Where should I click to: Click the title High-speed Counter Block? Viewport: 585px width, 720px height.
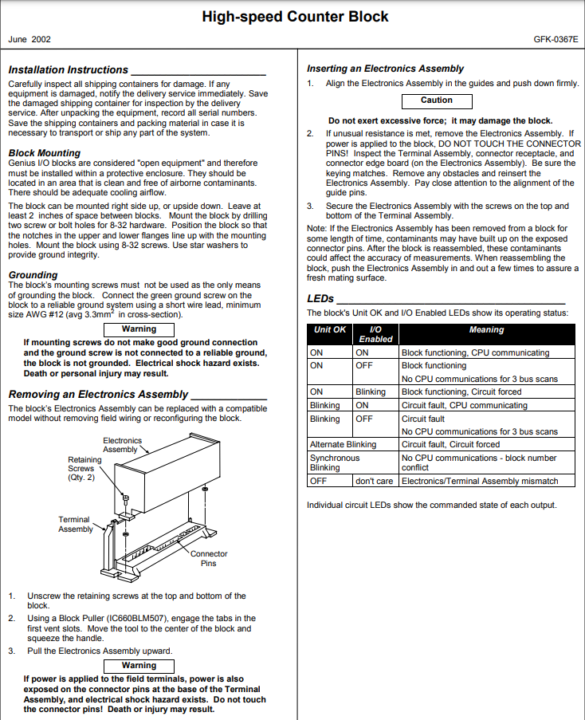[x=295, y=16]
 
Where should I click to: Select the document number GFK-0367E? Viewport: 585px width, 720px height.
[x=556, y=38]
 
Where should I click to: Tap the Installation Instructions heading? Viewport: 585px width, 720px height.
[x=69, y=70]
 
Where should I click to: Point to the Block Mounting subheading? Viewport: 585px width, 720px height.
[x=45, y=152]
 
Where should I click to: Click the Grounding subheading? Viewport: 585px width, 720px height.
[x=33, y=275]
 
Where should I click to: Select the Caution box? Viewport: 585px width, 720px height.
[x=436, y=100]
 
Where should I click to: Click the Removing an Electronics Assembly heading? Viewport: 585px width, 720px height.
[x=98, y=394]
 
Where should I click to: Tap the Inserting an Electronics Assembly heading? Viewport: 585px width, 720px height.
[x=385, y=69]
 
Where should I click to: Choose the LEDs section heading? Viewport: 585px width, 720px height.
[x=320, y=298]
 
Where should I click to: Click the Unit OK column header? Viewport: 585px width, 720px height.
[x=330, y=330]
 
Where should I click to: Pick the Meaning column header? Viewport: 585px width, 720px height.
[x=486, y=330]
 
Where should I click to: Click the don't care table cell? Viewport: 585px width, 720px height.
[x=375, y=482]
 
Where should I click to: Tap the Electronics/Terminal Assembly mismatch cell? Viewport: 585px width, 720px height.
[x=479, y=482]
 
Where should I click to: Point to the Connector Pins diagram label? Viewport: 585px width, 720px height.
[x=208, y=558]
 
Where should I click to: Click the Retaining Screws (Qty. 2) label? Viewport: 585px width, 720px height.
[x=84, y=468]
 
